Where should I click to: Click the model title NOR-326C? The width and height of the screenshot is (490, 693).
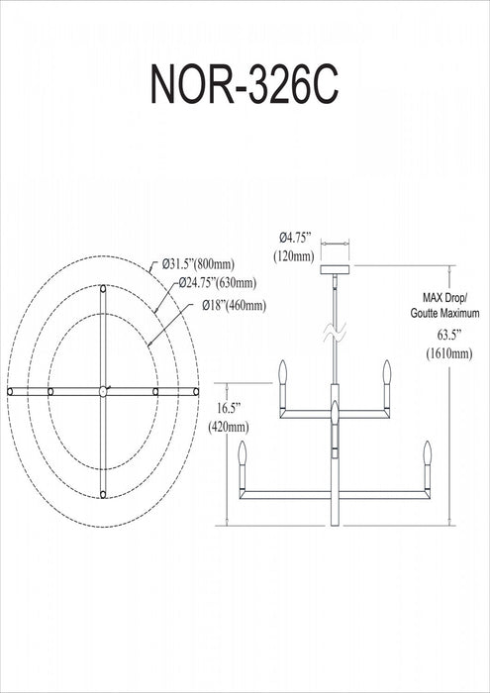tap(245, 84)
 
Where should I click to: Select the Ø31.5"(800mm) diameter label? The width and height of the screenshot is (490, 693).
tap(198, 264)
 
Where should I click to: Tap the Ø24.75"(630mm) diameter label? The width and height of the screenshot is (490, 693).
tap(218, 283)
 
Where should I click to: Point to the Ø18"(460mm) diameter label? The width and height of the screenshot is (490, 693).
tap(235, 305)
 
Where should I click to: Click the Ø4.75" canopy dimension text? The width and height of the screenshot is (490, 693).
tap(295, 238)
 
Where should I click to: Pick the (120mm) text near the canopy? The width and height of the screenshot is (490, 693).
tap(294, 255)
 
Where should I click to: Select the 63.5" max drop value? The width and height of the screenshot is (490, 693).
tap(449, 335)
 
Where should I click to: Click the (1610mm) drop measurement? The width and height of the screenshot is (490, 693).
tap(448, 353)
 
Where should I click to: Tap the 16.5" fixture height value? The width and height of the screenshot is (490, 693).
tap(228, 408)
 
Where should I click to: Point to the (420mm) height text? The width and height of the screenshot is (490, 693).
tap(228, 427)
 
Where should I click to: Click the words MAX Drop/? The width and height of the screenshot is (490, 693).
tap(444, 297)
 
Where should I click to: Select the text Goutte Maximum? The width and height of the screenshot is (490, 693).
tap(444, 314)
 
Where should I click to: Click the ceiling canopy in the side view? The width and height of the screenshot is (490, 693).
tap(335, 269)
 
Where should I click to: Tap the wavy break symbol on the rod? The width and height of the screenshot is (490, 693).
tap(335, 332)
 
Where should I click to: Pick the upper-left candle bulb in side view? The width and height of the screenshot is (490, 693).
tap(283, 372)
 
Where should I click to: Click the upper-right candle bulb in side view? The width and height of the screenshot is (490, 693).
tap(387, 372)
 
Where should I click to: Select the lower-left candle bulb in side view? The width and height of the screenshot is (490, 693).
tap(243, 453)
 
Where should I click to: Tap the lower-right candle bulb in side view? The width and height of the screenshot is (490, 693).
tap(427, 453)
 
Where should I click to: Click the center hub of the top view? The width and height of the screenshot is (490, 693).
tap(103, 391)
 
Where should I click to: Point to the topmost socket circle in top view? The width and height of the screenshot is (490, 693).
tap(103, 289)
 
